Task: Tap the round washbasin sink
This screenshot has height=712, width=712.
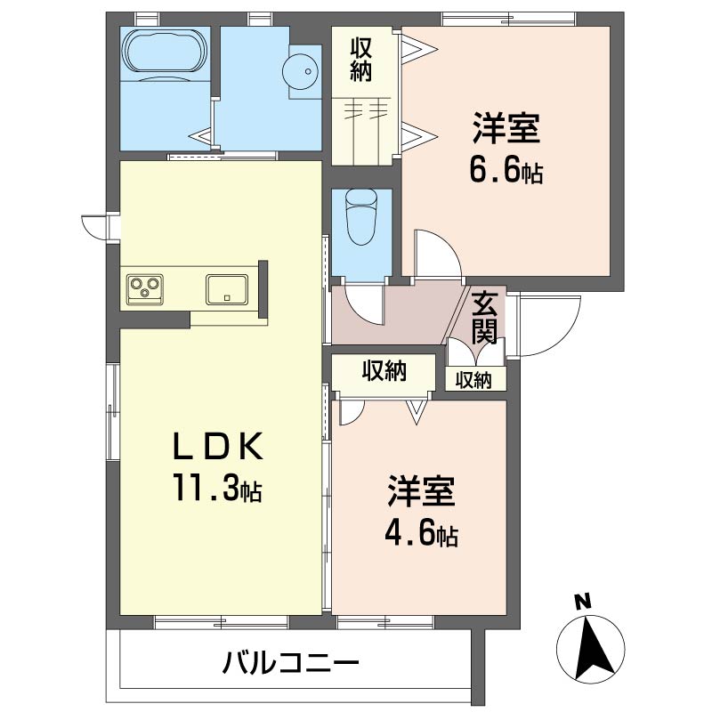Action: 300,71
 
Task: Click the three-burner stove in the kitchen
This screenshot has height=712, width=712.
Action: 145,287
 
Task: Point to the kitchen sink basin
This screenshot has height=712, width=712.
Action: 227,289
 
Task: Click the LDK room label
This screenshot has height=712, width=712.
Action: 217,446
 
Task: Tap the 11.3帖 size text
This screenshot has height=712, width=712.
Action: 216,487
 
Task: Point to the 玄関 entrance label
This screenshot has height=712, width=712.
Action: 485,318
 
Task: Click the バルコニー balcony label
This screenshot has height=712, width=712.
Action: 291,662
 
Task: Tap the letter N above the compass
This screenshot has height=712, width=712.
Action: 584,603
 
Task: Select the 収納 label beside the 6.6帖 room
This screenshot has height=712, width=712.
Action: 361,60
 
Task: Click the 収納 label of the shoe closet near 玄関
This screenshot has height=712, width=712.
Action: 473,380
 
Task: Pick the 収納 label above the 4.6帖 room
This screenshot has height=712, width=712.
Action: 384,371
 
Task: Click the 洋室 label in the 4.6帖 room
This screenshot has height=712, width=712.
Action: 421,491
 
